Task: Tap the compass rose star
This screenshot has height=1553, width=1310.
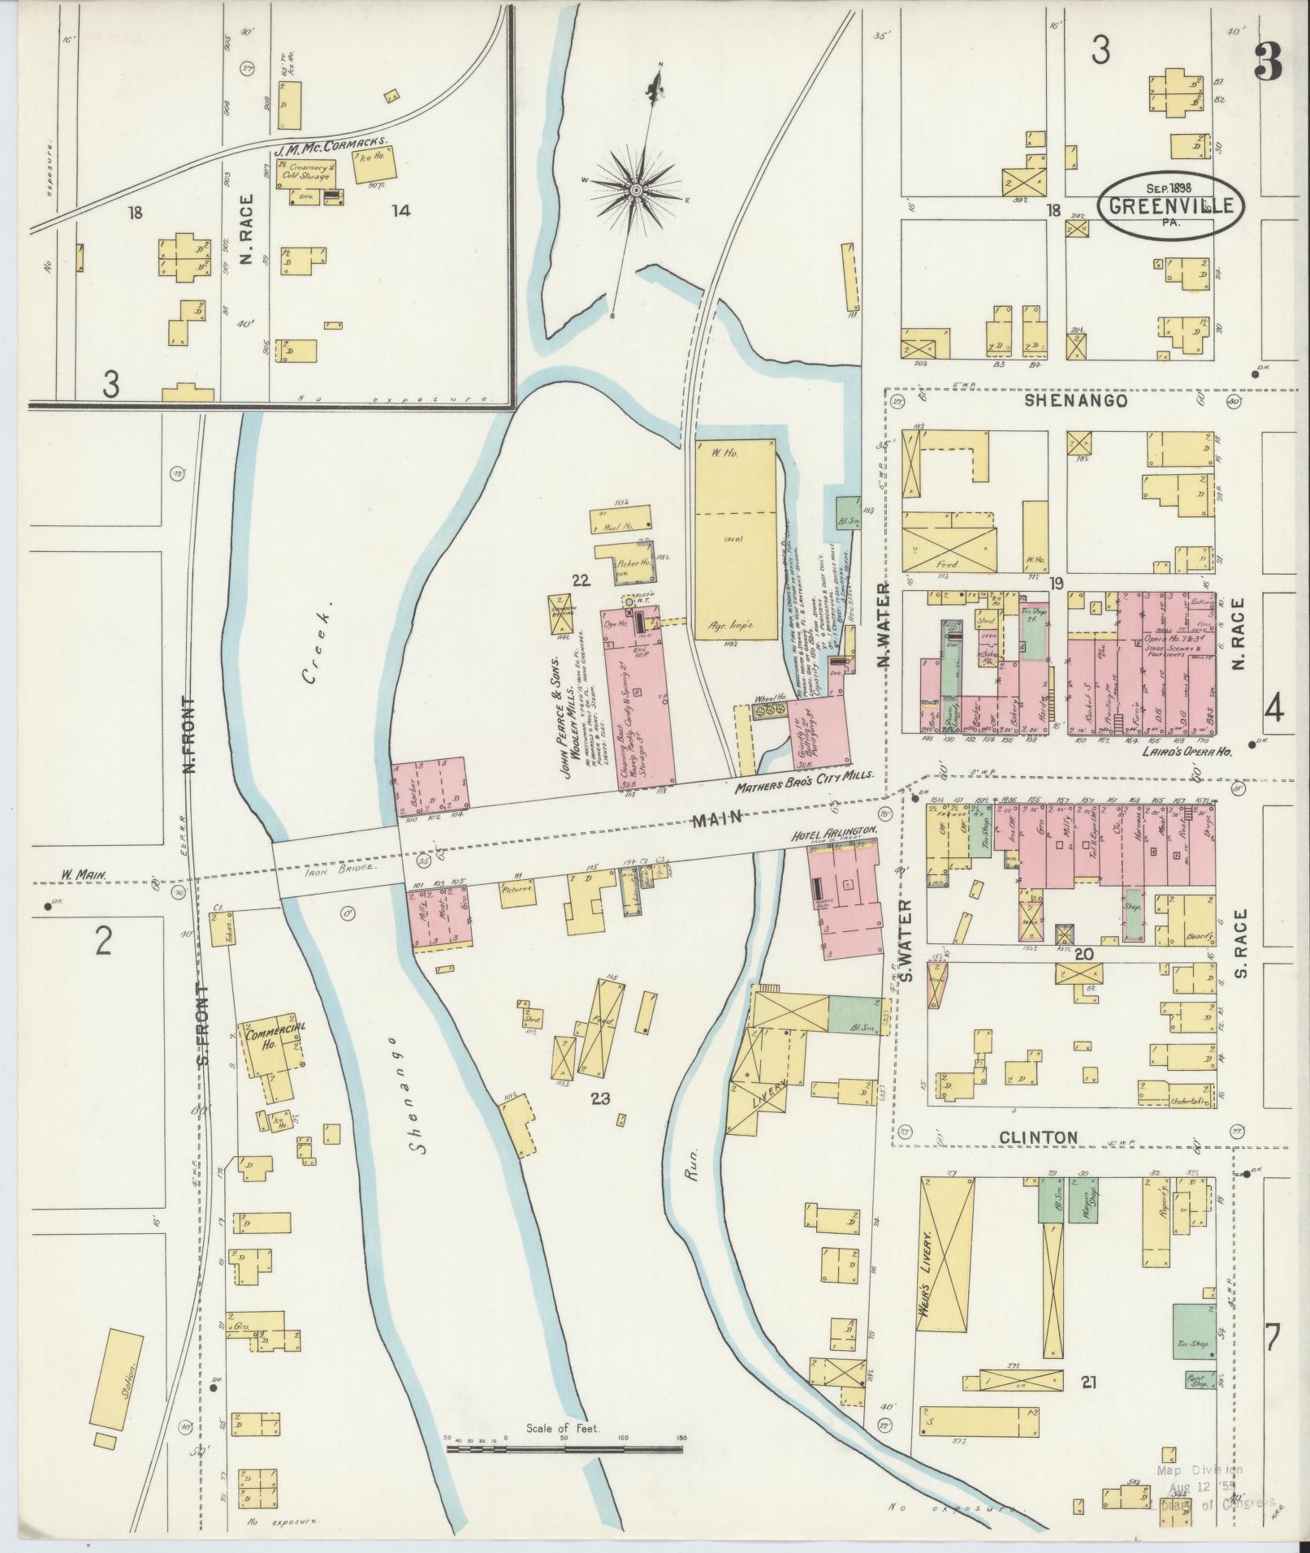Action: (636, 190)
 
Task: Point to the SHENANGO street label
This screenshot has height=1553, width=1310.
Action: (1075, 401)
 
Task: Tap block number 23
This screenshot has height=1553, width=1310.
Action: (600, 1099)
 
